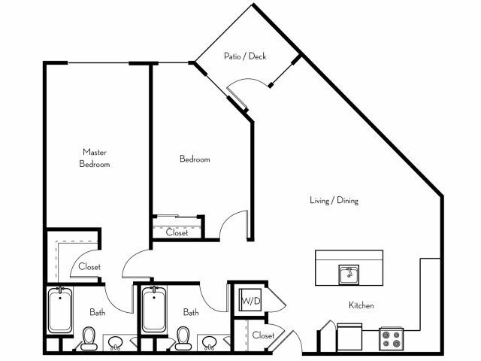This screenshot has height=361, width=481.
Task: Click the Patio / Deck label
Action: (245, 56)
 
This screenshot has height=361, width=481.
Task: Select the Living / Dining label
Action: (334, 201)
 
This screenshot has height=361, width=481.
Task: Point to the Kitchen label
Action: (361, 305)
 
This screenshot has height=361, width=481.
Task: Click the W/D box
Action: (249, 302)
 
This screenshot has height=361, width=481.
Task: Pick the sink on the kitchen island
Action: (349, 273)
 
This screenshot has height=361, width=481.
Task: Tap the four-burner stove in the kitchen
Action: (391, 338)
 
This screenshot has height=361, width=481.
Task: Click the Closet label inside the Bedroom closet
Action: (177, 232)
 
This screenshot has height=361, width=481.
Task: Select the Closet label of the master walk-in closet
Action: (89, 266)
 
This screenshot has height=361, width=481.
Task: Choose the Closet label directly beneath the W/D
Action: (262, 335)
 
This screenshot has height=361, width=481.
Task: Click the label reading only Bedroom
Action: (194, 159)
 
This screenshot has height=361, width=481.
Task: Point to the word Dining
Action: (347, 201)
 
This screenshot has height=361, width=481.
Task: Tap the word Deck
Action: (257, 56)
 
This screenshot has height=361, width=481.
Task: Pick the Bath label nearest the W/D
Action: (190, 312)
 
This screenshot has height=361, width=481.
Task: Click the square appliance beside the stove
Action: (349, 337)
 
